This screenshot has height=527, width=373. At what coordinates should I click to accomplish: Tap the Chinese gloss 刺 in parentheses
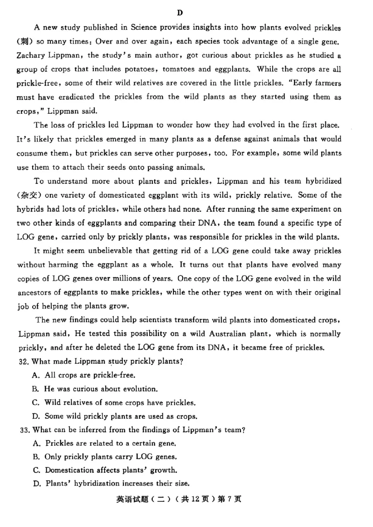tap(26, 42)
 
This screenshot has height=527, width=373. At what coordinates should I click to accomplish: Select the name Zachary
tap(31, 55)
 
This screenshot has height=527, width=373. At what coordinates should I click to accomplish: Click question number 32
tap(22, 361)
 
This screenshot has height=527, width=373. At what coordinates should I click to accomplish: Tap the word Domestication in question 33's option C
tap(69, 470)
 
